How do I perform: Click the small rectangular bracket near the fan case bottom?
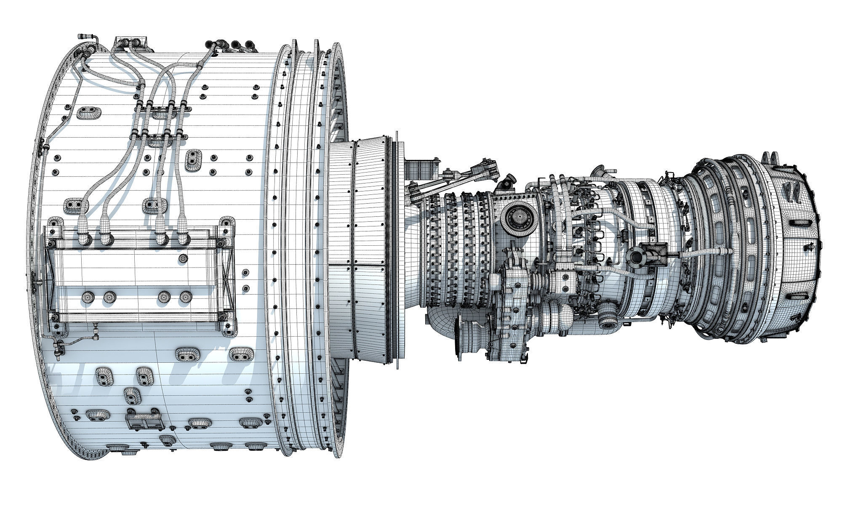(x=144, y=421)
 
